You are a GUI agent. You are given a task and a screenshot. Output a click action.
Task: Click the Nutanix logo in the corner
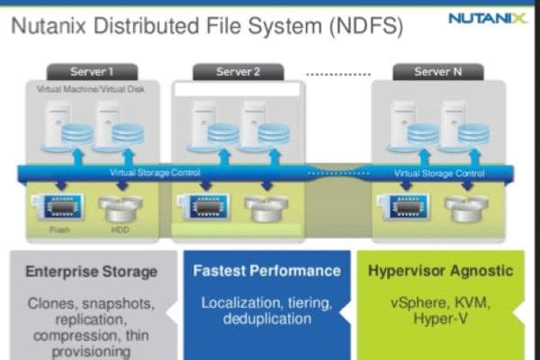point(487,19)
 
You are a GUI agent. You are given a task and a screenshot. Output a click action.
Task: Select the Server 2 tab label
point(238,72)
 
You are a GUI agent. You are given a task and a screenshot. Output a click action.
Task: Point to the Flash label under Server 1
point(60,229)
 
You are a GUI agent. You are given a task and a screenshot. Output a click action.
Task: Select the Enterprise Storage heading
point(91,271)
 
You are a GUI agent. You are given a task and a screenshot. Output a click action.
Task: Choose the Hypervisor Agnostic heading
point(440,270)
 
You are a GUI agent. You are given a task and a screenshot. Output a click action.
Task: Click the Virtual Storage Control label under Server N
point(440,173)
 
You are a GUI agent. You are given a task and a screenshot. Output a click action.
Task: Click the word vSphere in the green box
point(418,302)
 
